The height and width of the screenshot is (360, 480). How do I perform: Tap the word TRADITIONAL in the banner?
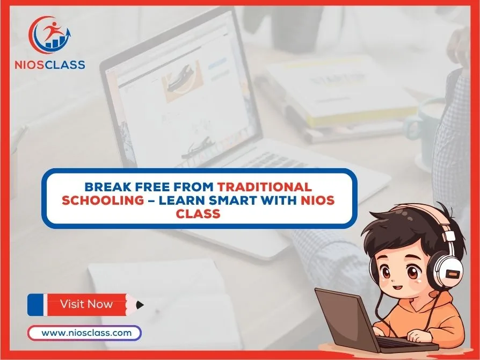(x=265, y=186)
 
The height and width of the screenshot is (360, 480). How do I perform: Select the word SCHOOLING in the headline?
(x=103, y=200)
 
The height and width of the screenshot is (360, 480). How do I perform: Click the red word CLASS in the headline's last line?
(x=198, y=213)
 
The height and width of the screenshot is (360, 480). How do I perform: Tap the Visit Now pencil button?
(x=86, y=305)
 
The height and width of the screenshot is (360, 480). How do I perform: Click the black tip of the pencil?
(x=140, y=305)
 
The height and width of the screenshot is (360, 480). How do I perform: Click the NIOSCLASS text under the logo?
(x=50, y=64)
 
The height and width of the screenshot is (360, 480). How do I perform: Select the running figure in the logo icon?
(x=52, y=30)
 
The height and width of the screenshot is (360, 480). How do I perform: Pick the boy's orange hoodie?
(x=428, y=319)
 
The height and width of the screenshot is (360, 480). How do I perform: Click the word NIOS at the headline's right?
(x=317, y=200)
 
